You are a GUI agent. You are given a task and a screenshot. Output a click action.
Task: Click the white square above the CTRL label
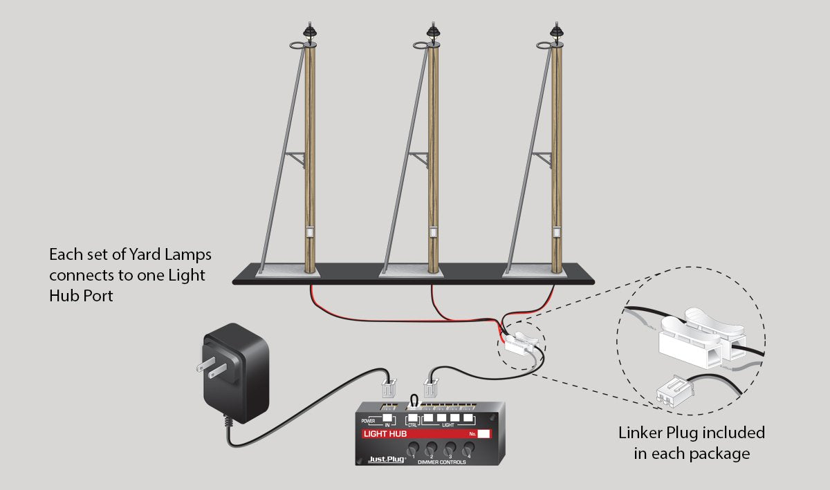(414, 418)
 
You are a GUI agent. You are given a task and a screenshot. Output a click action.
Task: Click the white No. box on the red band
(484, 434)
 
